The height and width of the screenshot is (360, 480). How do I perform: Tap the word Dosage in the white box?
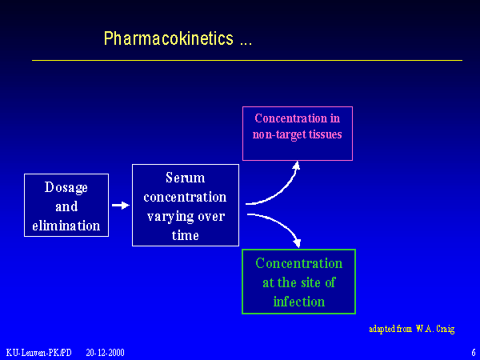pos(66,186)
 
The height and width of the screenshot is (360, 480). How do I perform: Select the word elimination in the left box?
pos(66,225)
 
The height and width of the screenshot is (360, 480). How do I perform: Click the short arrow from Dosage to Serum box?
pos(119,206)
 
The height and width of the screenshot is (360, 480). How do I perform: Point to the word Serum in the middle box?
pos(185,178)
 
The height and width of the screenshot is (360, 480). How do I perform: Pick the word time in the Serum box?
pos(185,235)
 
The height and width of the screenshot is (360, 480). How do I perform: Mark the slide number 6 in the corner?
pos(473,352)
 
